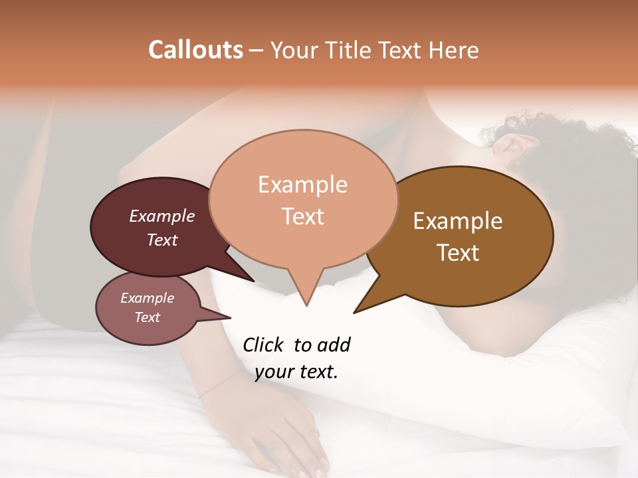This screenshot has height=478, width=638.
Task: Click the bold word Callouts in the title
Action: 195,50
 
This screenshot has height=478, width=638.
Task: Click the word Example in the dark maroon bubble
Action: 162,216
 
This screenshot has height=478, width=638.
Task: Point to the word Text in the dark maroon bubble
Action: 162,240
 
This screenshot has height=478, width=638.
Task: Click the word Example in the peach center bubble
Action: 302,185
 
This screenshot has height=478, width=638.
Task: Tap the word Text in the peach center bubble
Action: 303,216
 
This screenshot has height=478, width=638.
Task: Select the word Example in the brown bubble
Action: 458,221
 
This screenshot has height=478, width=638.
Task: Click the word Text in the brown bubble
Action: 459,253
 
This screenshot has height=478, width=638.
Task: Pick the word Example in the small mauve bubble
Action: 147,298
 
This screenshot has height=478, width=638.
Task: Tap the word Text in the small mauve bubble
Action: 147,317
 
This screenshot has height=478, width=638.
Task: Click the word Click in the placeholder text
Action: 264,345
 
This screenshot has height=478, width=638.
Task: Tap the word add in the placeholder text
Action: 334,345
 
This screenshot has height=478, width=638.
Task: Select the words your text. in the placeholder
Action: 296,372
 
